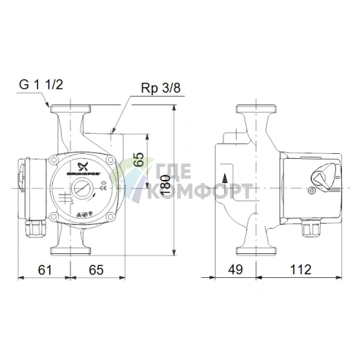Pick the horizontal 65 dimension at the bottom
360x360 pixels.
click(x=96, y=269)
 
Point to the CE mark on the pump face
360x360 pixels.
click(x=102, y=185)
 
